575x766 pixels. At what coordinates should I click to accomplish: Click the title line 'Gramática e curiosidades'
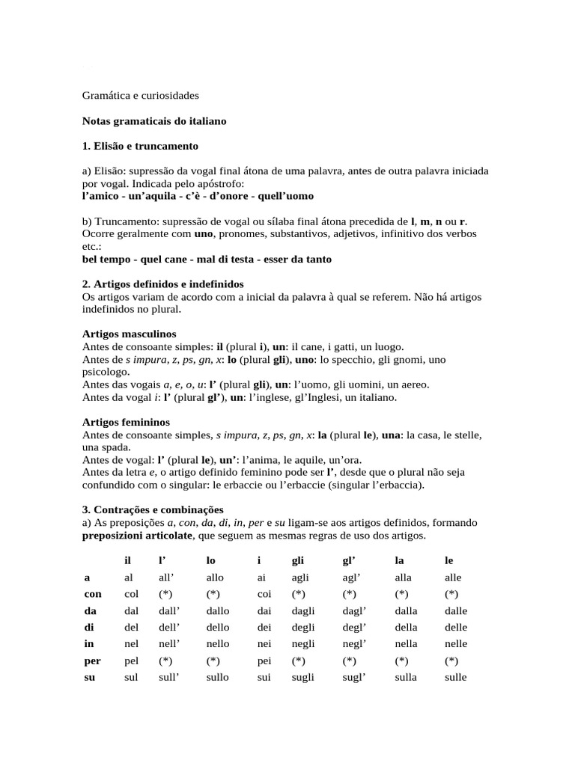140,96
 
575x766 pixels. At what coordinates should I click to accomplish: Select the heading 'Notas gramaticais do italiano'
153,120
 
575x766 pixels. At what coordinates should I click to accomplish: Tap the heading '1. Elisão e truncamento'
140,145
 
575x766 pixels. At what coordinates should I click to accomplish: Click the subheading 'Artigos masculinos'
128,334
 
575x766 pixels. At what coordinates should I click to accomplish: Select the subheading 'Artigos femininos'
126,423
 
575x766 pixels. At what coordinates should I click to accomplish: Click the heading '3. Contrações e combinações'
153,509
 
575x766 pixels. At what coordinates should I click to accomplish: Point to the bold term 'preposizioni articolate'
137,536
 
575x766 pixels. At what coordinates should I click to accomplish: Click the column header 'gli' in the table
297,560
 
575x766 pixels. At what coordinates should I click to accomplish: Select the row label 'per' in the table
91,661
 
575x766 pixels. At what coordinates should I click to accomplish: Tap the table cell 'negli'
303,643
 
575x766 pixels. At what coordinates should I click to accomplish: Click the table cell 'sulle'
455,678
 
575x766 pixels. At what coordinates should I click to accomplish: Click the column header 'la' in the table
398,560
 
